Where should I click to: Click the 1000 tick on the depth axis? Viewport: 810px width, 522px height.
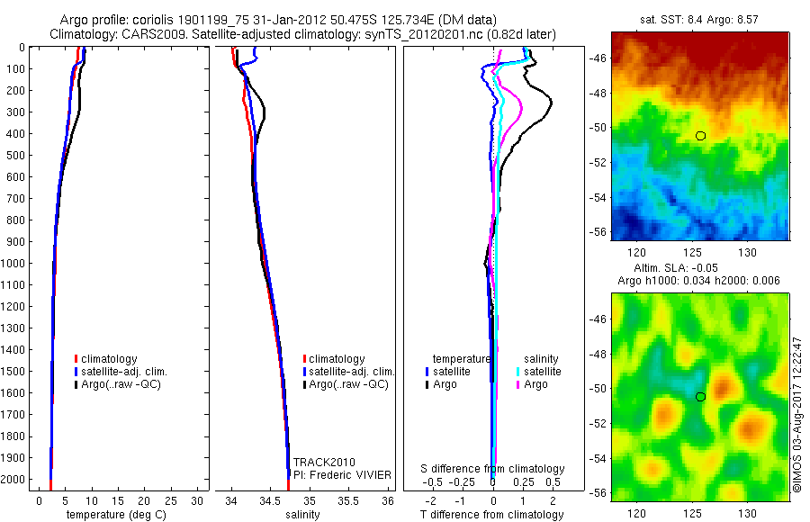click(x=18, y=263)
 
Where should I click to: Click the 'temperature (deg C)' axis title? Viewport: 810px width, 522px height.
click(x=116, y=515)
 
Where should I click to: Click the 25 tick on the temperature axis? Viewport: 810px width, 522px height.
click(x=173, y=499)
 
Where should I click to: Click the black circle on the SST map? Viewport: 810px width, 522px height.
click(x=700, y=136)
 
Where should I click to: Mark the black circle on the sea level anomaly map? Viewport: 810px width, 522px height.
click(x=700, y=396)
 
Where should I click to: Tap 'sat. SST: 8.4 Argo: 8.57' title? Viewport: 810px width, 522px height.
click(x=698, y=20)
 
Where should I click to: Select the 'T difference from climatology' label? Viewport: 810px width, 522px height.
click(x=492, y=515)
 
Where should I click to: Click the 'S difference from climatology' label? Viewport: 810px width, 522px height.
click(x=493, y=469)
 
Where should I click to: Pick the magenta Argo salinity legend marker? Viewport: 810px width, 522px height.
click(x=520, y=384)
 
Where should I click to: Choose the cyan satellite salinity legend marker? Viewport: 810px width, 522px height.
click(x=520, y=371)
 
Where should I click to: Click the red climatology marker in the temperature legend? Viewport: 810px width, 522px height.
click(x=76, y=359)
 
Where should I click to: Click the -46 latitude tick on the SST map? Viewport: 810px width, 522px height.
click(x=598, y=58)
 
